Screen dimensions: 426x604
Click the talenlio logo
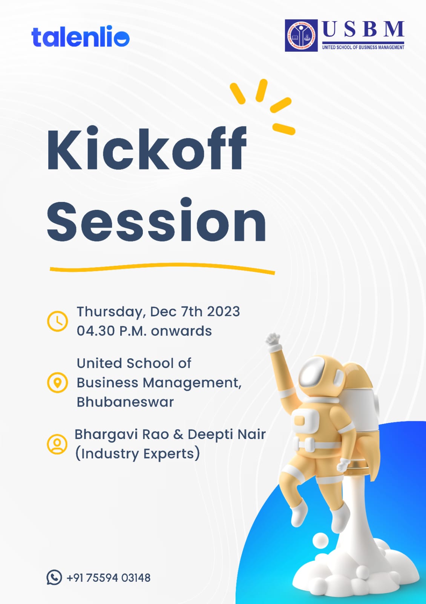(x=80, y=37)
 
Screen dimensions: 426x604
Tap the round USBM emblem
(x=301, y=35)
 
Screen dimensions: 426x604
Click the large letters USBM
(x=363, y=29)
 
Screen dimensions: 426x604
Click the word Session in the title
(x=156, y=220)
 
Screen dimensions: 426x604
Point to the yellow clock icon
(x=57, y=321)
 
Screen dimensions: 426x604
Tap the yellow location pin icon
(x=57, y=382)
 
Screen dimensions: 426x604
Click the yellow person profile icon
(x=57, y=444)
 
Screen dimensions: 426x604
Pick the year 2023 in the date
(x=223, y=312)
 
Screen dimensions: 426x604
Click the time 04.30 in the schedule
(x=96, y=331)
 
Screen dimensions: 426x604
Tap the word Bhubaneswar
(x=125, y=402)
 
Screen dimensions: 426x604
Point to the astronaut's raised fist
(x=273, y=340)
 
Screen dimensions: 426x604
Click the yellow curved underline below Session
(x=162, y=268)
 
